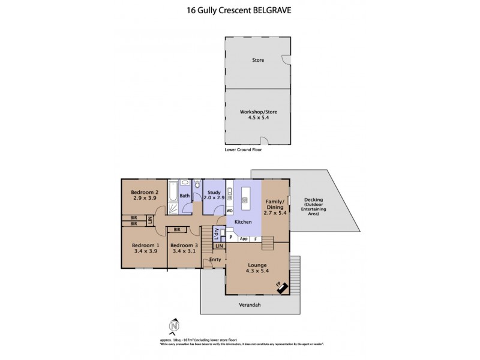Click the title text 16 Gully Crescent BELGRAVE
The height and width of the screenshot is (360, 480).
pos(239,10)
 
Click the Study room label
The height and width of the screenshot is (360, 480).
pos(214,194)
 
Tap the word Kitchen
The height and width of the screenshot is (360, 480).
pos(243,222)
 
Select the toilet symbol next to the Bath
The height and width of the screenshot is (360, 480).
pos(197,185)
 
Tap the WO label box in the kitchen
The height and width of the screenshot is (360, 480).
pos(229,211)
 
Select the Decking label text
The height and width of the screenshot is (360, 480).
pos(314,203)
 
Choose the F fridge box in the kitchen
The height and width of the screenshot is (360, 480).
pos(256,239)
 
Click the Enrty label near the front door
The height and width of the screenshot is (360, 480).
pos(215,259)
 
